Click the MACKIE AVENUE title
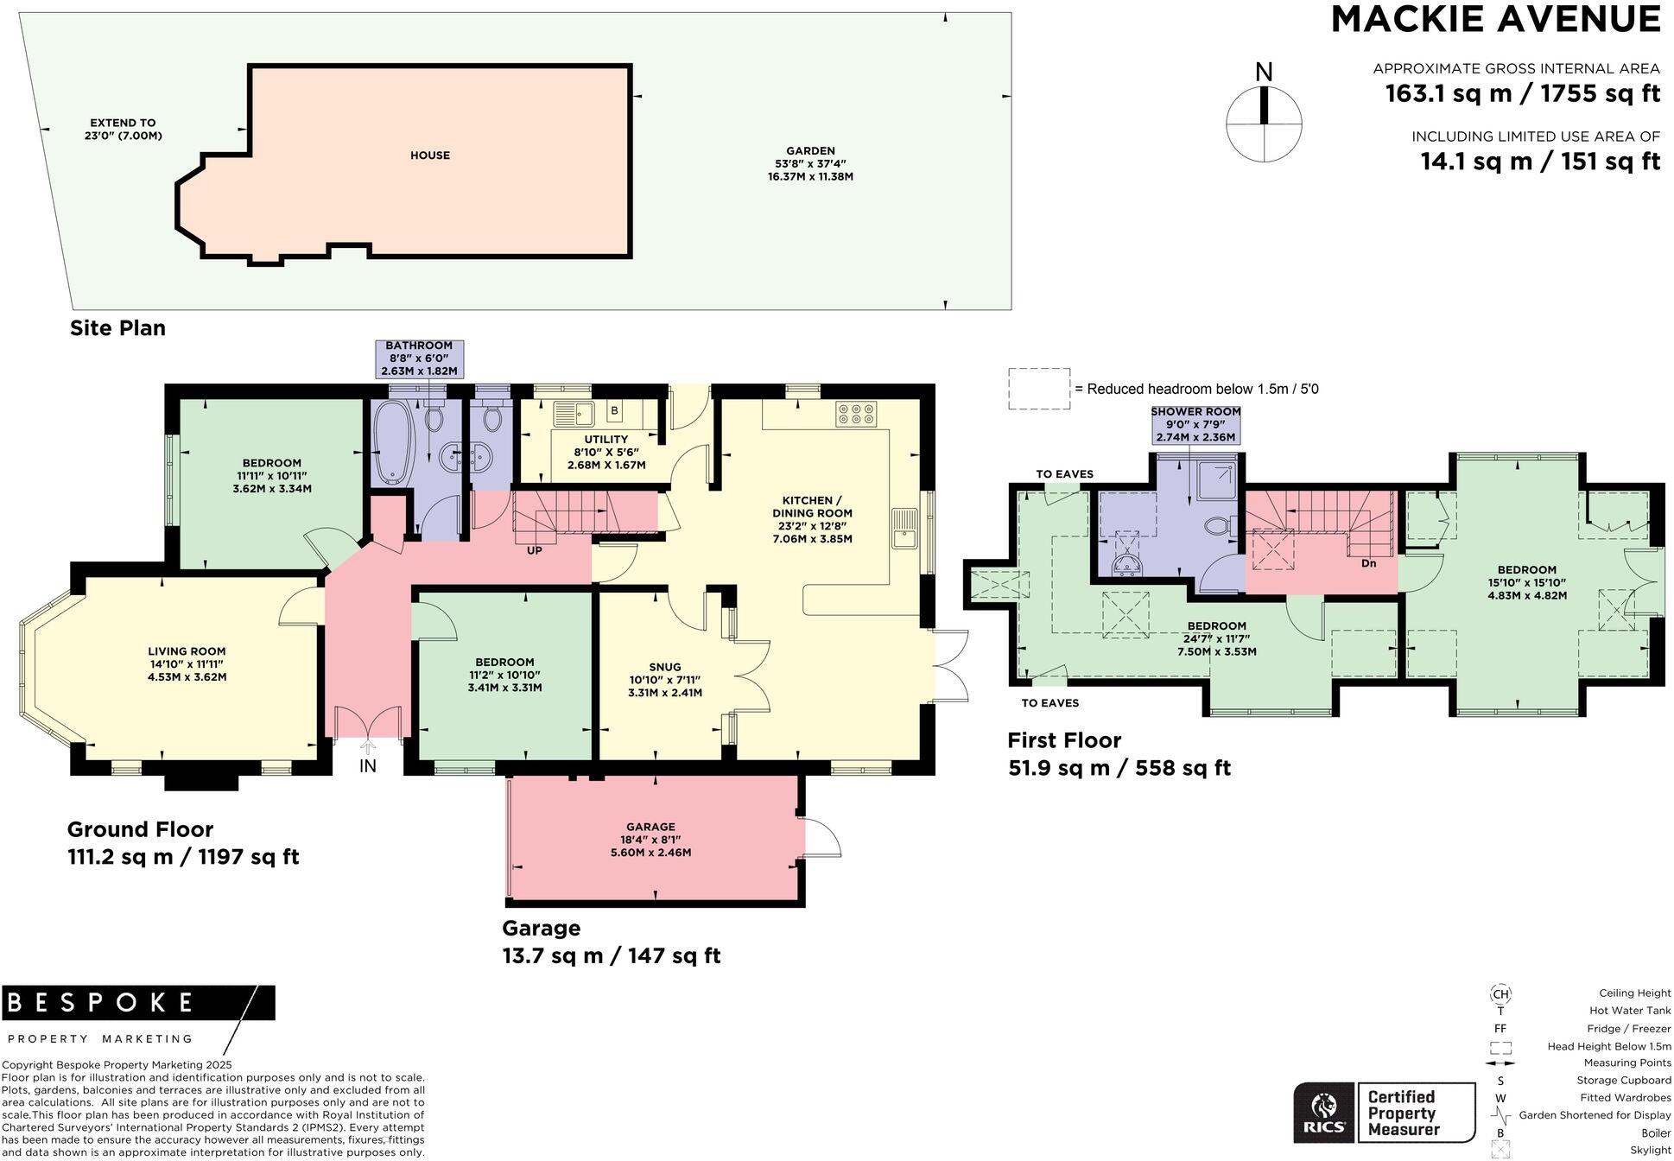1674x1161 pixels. [1495, 19]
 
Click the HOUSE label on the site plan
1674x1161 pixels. [430, 155]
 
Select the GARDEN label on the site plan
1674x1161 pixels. [810, 150]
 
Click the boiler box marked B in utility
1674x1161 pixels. [615, 411]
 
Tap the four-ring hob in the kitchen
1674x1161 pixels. [856, 414]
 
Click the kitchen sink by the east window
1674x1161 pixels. [904, 528]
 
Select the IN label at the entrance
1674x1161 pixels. [368, 765]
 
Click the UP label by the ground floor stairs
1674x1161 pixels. [535, 550]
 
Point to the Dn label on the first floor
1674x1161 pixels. [1368, 563]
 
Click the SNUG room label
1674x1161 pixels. [665, 667]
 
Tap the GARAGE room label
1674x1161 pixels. [651, 827]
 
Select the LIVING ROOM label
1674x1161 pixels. [187, 652]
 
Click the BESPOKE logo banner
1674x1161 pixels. [138, 1002]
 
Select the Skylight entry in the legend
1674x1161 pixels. [1650, 1150]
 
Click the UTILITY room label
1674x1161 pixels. [606, 440]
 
